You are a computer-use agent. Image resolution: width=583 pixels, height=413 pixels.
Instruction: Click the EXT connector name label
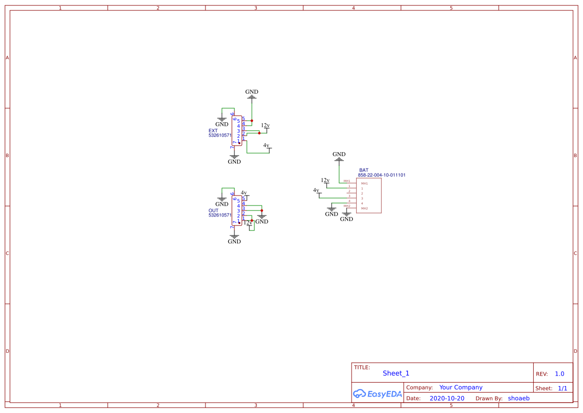click(213, 131)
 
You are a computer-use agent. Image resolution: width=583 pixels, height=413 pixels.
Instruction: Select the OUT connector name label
click(213, 210)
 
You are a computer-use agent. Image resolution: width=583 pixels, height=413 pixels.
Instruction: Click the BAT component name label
click(364, 170)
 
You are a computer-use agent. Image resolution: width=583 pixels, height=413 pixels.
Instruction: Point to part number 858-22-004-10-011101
click(382, 175)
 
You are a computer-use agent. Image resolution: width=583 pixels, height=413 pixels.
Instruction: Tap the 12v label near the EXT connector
click(265, 125)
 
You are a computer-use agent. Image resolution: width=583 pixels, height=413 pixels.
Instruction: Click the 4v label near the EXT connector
click(267, 145)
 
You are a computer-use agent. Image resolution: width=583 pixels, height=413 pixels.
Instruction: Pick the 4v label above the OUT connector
click(244, 193)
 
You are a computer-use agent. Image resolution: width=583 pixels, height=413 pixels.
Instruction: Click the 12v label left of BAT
click(325, 180)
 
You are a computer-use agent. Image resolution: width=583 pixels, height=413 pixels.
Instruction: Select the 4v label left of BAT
click(316, 190)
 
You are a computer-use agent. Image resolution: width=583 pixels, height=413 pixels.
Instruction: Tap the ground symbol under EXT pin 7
click(234, 157)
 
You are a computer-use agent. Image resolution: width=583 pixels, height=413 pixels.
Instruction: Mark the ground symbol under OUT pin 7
click(234, 236)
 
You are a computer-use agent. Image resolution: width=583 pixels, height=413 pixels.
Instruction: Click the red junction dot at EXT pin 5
click(252, 121)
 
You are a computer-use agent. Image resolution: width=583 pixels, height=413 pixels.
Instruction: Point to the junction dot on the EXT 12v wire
click(259, 133)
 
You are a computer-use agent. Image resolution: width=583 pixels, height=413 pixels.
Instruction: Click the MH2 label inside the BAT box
click(365, 208)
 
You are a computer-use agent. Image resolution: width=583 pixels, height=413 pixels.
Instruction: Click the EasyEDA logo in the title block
click(378, 394)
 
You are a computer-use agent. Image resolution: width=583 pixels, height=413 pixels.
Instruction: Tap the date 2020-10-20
click(447, 399)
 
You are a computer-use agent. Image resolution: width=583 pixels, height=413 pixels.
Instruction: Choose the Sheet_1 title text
click(396, 373)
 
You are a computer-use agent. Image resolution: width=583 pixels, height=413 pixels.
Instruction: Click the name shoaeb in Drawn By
click(519, 399)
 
